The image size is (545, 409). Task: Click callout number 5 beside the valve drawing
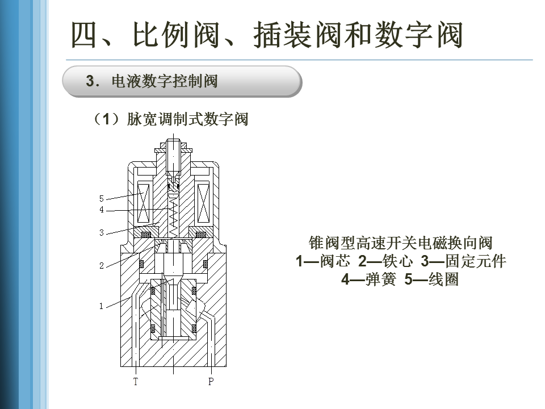[x=102, y=199]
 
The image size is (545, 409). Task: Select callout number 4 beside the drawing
[x=102, y=210]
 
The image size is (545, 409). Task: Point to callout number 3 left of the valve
[x=102, y=232]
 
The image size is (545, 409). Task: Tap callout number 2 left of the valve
[x=102, y=266]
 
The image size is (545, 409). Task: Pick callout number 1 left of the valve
[x=102, y=306]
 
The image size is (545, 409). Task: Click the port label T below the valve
[x=136, y=382]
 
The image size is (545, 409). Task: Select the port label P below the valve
[x=211, y=382]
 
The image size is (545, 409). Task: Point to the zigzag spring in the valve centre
[x=174, y=213]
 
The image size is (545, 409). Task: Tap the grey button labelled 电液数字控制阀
[x=182, y=81]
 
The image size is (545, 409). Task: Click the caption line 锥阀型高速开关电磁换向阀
[x=400, y=244]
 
